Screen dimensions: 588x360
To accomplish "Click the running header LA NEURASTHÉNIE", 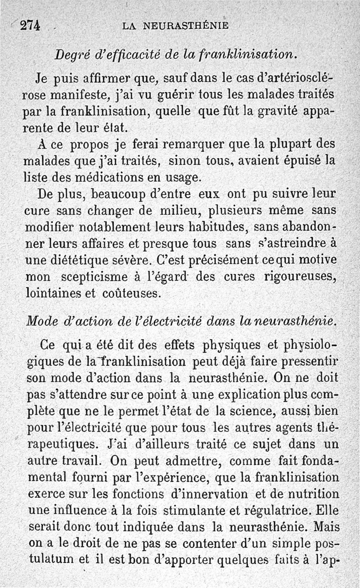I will (x=175, y=26).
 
